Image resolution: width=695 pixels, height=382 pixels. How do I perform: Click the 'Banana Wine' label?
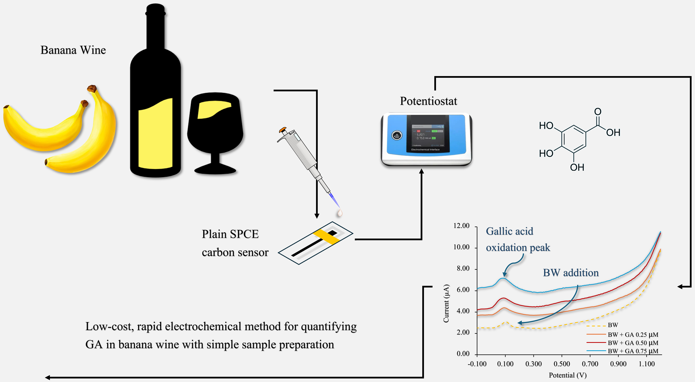(73, 50)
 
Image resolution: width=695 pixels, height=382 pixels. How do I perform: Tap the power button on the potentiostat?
(397, 135)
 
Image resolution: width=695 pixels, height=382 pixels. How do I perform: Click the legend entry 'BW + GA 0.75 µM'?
(633, 351)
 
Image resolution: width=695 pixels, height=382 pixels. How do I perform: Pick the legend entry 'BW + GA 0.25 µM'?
(633, 335)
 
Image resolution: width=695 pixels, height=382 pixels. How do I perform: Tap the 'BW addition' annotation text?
(571, 273)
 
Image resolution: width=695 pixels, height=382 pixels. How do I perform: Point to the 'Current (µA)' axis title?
(446, 303)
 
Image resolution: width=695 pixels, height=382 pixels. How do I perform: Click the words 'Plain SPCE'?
(230, 234)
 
